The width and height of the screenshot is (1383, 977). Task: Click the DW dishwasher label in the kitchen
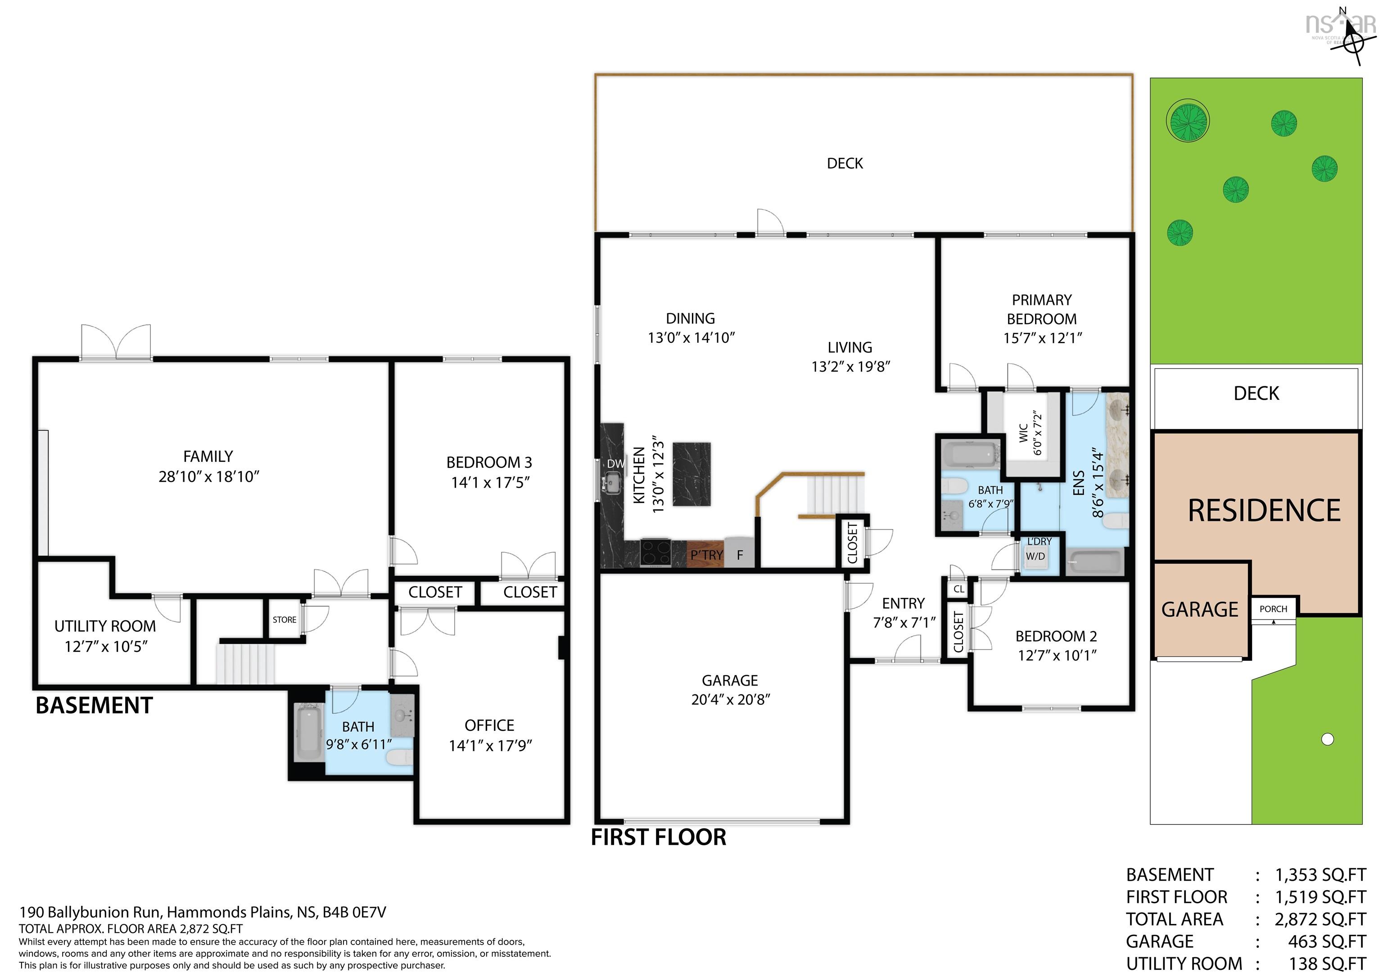pos(615,463)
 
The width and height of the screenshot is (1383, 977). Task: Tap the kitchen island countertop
pos(691,475)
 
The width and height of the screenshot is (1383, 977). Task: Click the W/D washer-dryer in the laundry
pos(1035,556)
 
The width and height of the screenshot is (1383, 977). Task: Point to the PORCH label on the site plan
pos(1273,609)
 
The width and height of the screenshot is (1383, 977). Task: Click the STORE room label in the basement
pos(285,619)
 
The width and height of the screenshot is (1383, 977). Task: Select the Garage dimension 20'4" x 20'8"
pos(730,699)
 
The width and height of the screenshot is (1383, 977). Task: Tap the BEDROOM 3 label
pos(488,462)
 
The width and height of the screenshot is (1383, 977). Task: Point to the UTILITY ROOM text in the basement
pos(105,626)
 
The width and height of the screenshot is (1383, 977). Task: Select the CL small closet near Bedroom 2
pos(958,589)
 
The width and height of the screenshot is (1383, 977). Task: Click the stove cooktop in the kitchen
pos(655,551)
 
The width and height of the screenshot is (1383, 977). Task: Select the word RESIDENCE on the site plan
pos(1264,511)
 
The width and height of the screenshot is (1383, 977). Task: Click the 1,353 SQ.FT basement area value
pos(1320,874)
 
